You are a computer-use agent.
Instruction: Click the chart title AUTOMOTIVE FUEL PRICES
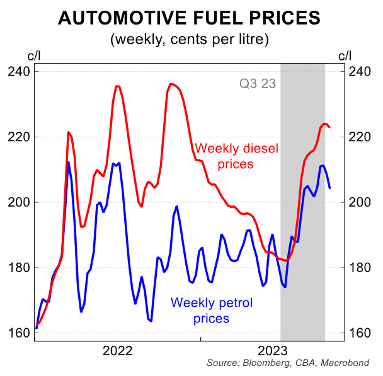[x=190, y=18]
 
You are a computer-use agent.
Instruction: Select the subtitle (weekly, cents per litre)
[x=190, y=40]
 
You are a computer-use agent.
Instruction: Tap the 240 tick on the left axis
[x=20, y=72]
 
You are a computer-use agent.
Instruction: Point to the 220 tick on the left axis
[x=20, y=137]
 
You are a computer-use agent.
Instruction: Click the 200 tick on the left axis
[x=20, y=202]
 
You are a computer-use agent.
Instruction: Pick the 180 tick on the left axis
[x=20, y=268]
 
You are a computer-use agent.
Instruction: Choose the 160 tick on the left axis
[x=20, y=333]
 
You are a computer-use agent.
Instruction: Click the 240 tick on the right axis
[x=360, y=72]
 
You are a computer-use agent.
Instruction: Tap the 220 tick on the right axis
[x=360, y=137]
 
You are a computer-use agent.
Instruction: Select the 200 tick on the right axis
[x=360, y=202]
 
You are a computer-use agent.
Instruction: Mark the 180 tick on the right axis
[x=360, y=268]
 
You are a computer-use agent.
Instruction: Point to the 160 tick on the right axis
[x=360, y=333]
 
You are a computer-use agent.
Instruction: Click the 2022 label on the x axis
[x=118, y=350]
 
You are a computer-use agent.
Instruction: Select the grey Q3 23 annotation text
[x=258, y=83]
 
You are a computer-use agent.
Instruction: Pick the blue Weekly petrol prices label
[x=211, y=310]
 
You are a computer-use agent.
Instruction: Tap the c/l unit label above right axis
[x=345, y=55]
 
